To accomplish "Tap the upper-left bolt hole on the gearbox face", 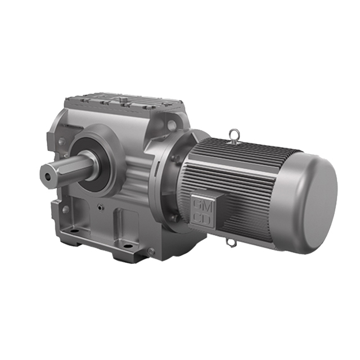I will [x=61, y=132].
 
